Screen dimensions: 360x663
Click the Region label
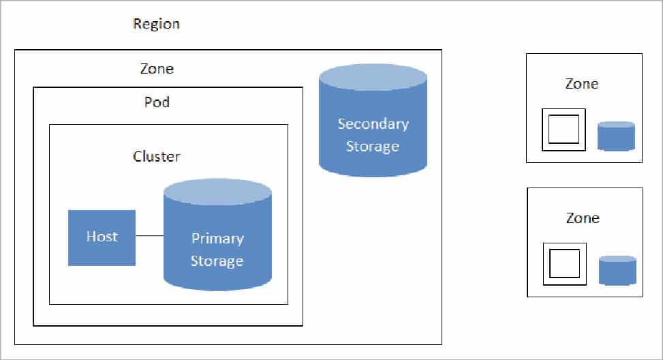[156, 24]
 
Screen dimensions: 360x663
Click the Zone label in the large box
[156, 69]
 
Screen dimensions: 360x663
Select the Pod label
[157, 102]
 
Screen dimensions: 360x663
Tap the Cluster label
[157, 156]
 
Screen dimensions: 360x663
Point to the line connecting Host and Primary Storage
[149, 236]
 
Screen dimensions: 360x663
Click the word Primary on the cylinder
[217, 239]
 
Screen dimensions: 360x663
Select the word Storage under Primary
[217, 261]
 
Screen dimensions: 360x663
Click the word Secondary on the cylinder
[373, 124]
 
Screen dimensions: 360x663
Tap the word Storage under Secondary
[373, 147]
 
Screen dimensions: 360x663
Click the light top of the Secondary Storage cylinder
[373, 77]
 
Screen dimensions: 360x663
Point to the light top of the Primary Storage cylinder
[217, 192]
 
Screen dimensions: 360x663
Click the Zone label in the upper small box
[582, 84]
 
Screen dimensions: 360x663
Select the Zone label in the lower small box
[583, 218]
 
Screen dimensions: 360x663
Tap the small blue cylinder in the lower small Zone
[617, 271]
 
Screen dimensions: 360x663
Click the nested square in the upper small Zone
[564, 129]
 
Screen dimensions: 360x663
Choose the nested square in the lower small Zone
[564, 263]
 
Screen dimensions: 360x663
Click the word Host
[102, 237]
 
